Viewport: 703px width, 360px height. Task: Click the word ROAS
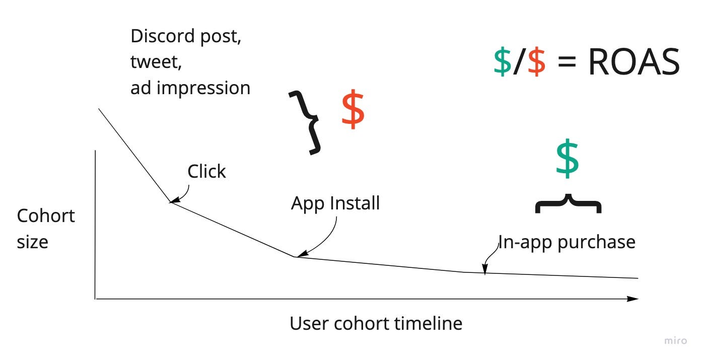pyautogui.click(x=634, y=63)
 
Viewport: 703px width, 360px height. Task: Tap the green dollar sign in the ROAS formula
pyautogui.click(x=502, y=63)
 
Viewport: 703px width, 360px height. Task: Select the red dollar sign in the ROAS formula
pyautogui.click(x=536, y=63)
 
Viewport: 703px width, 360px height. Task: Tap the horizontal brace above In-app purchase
pyautogui.click(x=568, y=203)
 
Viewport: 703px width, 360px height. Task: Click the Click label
pyautogui.click(x=206, y=172)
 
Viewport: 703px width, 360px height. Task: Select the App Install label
pyautogui.click(x=335, y=203)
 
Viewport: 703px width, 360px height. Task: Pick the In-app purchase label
pyautogui.click(x=567, y=242)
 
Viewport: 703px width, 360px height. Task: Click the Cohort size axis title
pyautogui.click(x=45, y=229)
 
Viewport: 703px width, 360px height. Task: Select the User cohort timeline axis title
pyautogui.click(x=376, y=323)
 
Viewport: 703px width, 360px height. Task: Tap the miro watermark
pyautogui.click(x=675, y=341)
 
